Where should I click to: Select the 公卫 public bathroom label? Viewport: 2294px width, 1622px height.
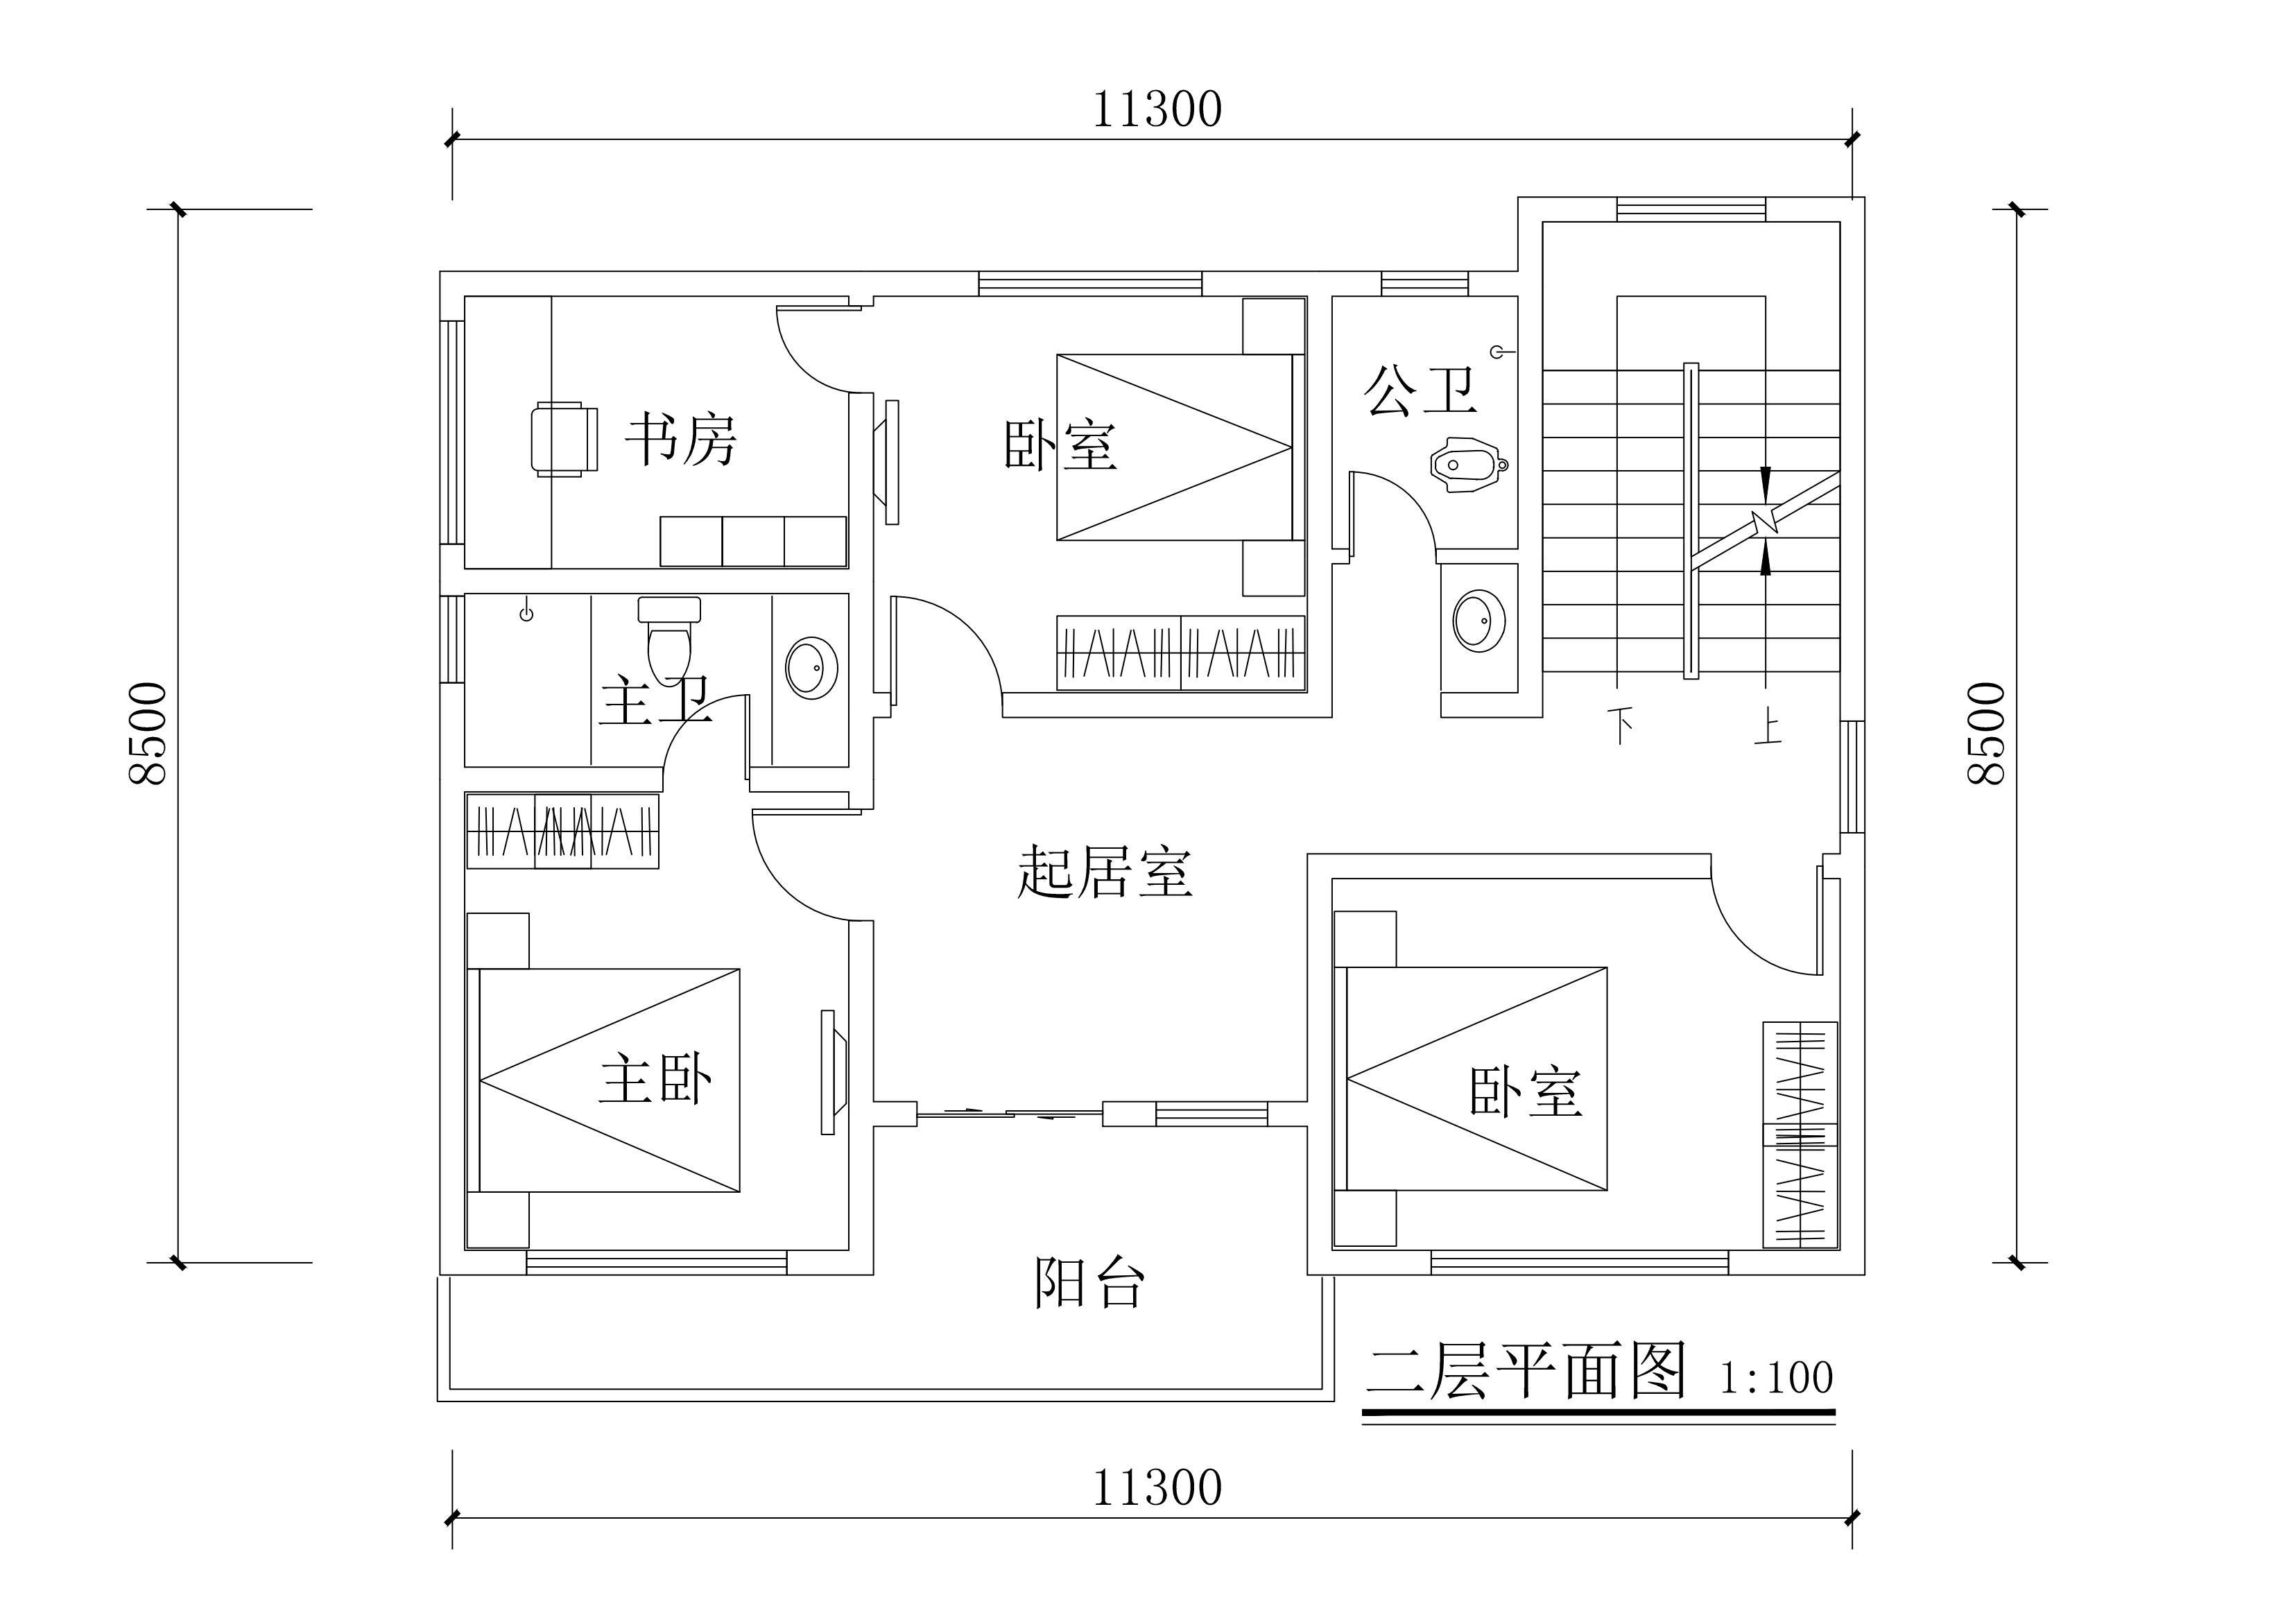1420,390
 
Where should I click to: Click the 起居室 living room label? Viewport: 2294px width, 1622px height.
1104,872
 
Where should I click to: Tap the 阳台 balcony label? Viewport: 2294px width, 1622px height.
1089,1282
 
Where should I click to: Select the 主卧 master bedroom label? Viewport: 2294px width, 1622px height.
655,1080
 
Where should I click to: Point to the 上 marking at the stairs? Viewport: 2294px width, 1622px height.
1768,727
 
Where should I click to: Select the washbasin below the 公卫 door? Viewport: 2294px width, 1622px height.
1478,621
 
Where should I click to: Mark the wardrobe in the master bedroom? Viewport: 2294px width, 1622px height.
562,831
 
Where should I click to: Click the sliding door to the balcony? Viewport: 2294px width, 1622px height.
1009,1112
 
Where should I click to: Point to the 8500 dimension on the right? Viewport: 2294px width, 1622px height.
1986,734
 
